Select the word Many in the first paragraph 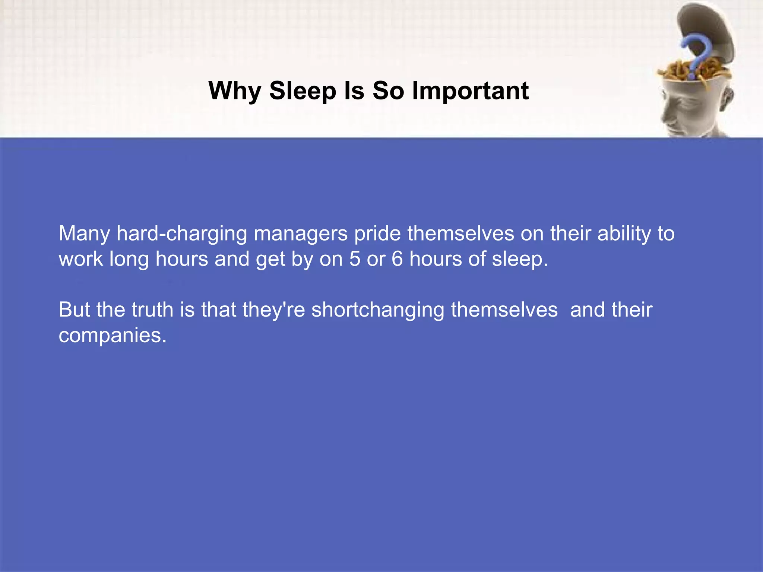point(84,234)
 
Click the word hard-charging point(182,234)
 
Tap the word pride point(377,234)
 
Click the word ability point(624,234)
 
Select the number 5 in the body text point(355,259)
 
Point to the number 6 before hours point(397,259)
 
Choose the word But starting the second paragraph point(74,310)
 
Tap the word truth point(152,310)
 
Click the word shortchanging point(378,310)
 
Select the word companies point(112,335)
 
